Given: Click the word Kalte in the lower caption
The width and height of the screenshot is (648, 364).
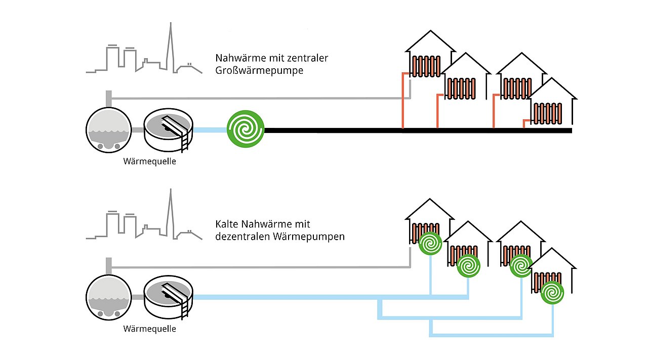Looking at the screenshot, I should pyautogui.click(x=227, y=224).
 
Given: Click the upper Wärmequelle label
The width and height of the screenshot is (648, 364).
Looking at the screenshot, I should pyautogui.click(x=150, y=162).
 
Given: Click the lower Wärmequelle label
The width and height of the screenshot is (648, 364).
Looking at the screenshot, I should pyautogui.click(x=150, y=329).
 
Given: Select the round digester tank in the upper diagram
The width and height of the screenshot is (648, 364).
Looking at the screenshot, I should pyautogui.click(x=108, y=129).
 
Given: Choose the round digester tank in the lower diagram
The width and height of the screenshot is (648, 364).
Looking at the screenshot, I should pyautogui.click(x=108, y=296).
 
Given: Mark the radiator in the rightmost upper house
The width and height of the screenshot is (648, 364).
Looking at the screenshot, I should pyautogui.click(x=546, y=113).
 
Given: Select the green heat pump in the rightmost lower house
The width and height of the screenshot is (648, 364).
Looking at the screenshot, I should pyautogui.click(x=552, y=292).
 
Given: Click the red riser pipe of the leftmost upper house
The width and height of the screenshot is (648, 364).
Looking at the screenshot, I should pyautogui.click(x=402, y=101).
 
